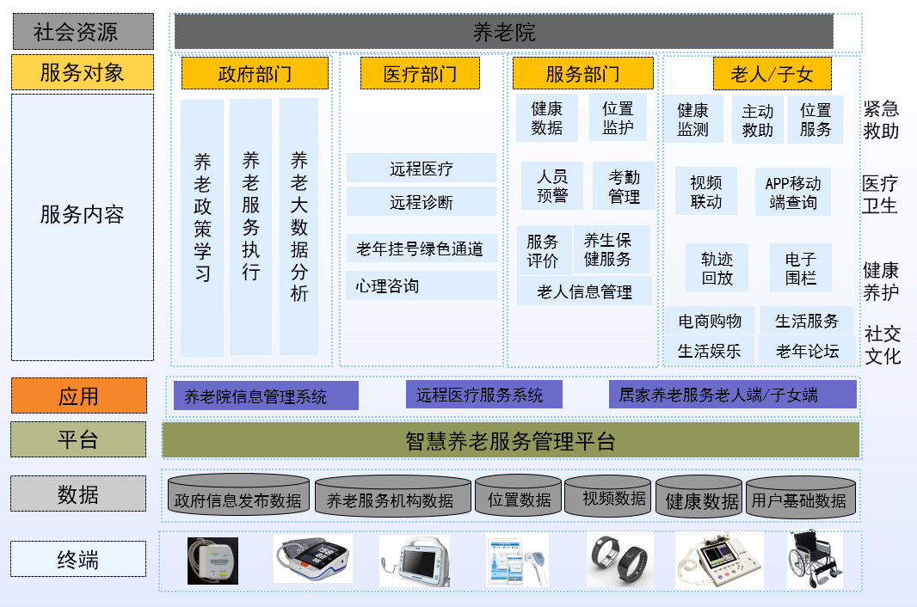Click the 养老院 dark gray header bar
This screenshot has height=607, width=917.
[x=503, y=32]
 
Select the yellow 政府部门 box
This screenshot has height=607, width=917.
[x=255, y=73]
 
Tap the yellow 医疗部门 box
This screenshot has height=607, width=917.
[x=420, y=73]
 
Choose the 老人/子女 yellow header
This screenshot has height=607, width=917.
[x=772, y=73]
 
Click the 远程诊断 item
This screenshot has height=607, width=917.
[x=421, y=202]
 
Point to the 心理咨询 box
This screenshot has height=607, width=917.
[x=421, y=285]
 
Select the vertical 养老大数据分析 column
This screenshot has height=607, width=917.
[x=298, y=226]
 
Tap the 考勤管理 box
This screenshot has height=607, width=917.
[x=624, y=186]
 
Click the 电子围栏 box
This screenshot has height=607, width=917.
[x=800, y=267]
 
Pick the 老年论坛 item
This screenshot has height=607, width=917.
[x=807, y=351]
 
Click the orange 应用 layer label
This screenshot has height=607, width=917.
[x=79, y=395]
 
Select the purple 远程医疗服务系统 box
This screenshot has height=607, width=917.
[x=484, y=395]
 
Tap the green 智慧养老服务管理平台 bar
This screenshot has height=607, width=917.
[x=511, y=440]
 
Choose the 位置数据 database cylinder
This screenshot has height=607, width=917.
[x=519, y=496]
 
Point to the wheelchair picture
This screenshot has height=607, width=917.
[x=815, y=559]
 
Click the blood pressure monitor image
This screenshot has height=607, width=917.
[x=313, y=558]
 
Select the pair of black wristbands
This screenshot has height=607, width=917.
[x=620, y=559]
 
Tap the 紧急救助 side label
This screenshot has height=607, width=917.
[x=881, y=120]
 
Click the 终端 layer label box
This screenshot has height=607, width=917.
[x=78, y=559]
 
